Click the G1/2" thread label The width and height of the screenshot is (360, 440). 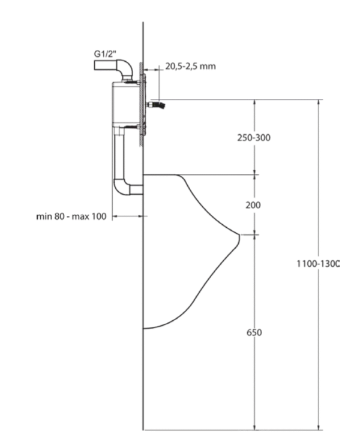point(105,53)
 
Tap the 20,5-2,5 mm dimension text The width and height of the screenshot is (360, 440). point(190,67)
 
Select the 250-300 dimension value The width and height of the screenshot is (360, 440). point(254,138)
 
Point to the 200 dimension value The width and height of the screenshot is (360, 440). point(253,205)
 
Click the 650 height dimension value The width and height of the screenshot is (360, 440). point(254,333)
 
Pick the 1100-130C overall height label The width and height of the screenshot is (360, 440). point(319,264)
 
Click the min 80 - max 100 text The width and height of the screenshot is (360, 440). point(71,216)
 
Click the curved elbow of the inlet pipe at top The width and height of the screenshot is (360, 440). point(126,67)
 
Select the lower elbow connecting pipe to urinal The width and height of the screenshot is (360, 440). point(121,188)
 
